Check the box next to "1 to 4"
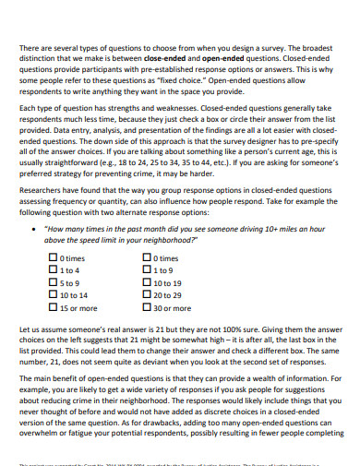click(x=52, y=270)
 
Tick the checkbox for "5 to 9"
click(x=52, y=282)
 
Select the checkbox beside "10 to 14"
click(x=52, y=294)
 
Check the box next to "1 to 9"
click(x=148, y=270)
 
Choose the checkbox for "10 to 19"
click(x=148, y=282)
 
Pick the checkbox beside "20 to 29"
click(x=148, y=294)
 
